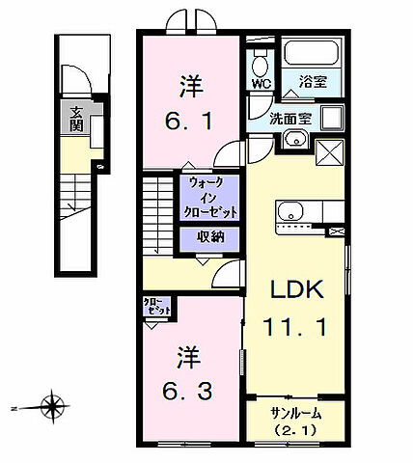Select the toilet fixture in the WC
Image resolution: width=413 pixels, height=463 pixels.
point(259,64)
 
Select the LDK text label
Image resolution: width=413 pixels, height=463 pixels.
point(294,290)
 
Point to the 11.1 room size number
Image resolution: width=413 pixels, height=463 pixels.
point(294,328)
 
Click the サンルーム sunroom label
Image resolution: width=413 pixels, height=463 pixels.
point(295,412)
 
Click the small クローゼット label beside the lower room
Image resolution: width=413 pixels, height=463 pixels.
point(156,308)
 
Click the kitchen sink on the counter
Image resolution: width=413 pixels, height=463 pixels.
point(289,210)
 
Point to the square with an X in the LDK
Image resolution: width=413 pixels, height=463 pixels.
point(329,152)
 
